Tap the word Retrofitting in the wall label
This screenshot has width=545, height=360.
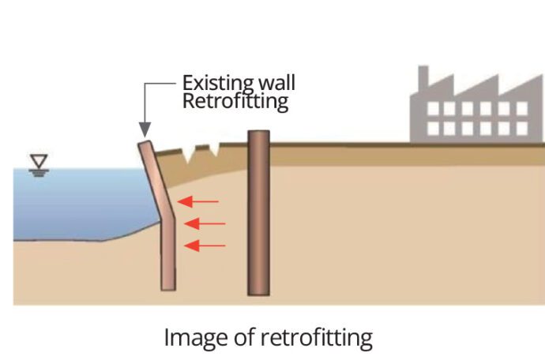pos(235,101)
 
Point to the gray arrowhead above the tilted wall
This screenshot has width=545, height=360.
pos(144,128)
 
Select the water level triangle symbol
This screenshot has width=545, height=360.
pos(37,163)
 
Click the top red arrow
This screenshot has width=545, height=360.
pos(198,202)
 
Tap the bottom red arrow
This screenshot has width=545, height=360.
pos(204,246)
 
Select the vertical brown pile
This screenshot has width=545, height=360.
pos(258,213)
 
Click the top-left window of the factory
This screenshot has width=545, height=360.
pos(434,109)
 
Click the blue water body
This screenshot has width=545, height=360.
pos(79,201)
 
